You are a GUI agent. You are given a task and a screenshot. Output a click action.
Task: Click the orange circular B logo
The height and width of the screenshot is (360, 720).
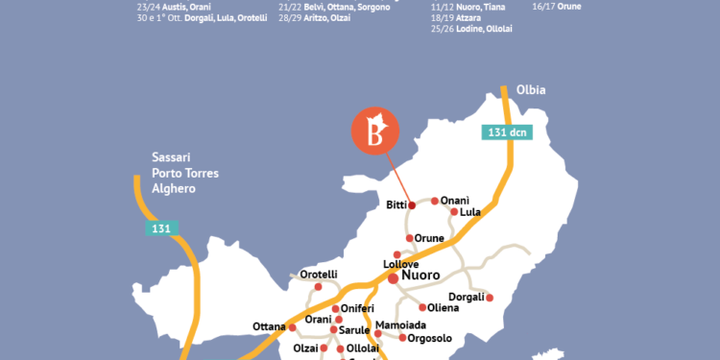coord(372,131)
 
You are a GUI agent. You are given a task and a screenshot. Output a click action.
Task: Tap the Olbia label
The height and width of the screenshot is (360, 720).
coord(530,90)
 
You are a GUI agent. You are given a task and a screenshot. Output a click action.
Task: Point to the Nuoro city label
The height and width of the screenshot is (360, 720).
coord(420,276)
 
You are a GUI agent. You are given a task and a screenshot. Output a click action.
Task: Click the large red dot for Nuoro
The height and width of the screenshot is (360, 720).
coord(393,277)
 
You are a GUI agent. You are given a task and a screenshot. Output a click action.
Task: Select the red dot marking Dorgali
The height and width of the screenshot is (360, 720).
coord(490,298)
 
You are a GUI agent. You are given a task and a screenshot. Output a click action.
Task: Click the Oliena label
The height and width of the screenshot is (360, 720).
coord(443,308)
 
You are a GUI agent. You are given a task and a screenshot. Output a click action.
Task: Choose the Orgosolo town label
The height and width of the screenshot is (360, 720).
coord(429,338)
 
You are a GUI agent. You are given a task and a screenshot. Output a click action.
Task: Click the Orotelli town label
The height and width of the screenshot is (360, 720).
coord(319,275)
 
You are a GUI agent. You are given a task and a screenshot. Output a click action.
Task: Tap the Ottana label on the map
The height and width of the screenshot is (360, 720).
coord(270,326)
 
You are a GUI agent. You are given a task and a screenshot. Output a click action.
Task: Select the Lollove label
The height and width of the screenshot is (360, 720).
coord(402,262)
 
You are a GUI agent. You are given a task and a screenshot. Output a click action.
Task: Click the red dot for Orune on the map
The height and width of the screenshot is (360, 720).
coord(408,238)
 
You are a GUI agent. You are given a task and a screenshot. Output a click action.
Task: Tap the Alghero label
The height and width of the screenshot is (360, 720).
coord(174,189)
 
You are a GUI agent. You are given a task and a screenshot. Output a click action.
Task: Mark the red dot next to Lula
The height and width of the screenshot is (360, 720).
coord(453,212)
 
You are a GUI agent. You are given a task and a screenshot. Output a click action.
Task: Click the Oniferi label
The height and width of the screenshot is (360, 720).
coord(362,308)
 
